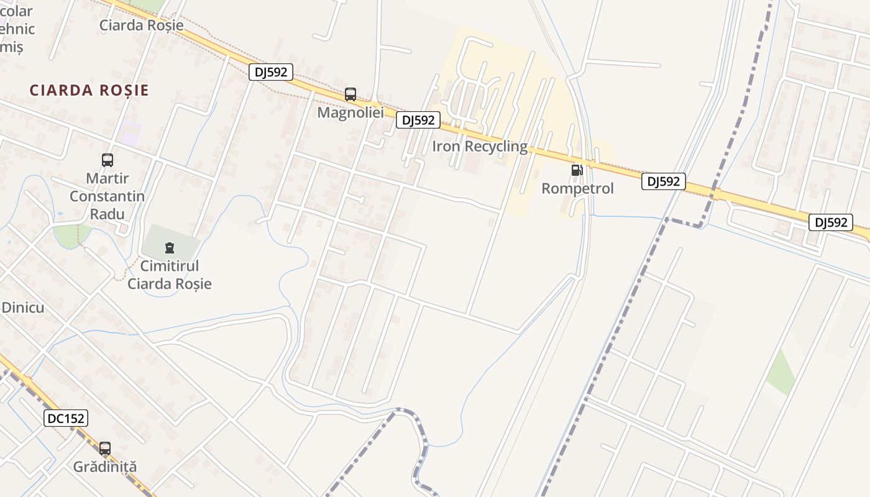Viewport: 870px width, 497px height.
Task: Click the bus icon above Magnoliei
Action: click(x=350, y=94)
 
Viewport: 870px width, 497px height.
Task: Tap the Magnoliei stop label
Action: click(x=350, y=112)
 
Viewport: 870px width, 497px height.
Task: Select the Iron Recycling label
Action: click(x=480, y=147)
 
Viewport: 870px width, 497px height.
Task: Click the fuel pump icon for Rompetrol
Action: click(x=577, y=170)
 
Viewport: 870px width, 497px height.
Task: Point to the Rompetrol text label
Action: click(x=577, y=188)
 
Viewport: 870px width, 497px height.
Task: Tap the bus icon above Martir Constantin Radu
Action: click(x=108, y=160)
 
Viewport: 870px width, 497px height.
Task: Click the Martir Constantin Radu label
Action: click(x=107, y=196)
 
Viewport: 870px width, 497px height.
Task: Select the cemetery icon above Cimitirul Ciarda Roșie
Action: click(x=169, y=248)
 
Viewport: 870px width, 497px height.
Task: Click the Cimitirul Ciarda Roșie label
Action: click(x=169, y=275)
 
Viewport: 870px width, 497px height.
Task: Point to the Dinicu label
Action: click(x=22, y=307)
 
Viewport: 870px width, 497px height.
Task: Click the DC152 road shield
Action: click(x=66, y=418)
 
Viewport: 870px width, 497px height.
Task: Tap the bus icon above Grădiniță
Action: click(x=105, y=448)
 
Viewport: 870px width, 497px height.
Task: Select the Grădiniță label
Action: click(x=105, y=467)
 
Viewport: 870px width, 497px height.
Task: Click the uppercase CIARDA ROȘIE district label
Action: click(x=89, y=90)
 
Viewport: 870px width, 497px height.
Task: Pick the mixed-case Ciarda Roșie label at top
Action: click(x=142, y=25)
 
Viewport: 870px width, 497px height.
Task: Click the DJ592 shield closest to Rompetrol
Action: click(x=664, y=181)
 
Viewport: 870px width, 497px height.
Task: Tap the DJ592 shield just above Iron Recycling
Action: click(x=418, y=120)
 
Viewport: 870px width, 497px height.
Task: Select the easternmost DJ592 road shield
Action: click(x=831, y=222)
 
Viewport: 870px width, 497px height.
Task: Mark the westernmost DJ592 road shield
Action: click(x=271, y=72)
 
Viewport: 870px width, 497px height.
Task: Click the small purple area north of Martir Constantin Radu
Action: click(x=130, y=133)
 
